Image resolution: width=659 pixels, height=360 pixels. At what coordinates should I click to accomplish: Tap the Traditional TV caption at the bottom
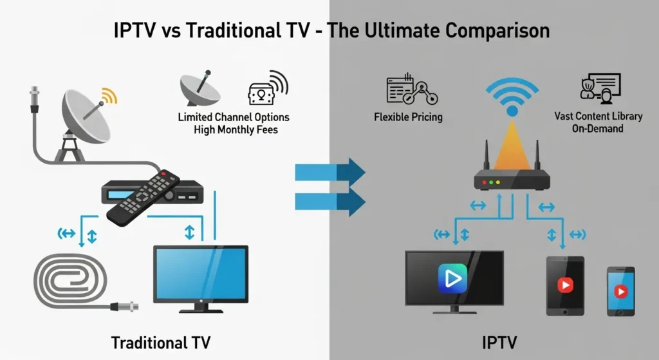tap(160, 343)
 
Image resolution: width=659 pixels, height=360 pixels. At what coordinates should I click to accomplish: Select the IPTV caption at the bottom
tap(499, 343)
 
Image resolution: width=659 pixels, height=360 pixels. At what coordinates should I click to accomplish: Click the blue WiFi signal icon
tap(512, 97)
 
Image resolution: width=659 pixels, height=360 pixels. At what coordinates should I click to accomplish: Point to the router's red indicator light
tap(484, 182)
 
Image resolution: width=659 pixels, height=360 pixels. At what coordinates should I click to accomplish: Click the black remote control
tap(143, 197)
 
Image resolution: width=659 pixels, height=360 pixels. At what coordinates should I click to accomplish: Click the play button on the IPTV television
tap(452, 278)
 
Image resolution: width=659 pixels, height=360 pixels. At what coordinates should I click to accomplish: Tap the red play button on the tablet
tap(565, 285)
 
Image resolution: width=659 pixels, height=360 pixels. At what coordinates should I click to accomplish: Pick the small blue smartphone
tap(621, 291)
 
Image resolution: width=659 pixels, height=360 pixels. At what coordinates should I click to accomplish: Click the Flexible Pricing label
tap(408, 117)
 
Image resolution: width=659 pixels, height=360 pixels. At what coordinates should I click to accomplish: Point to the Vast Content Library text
tap(598, 116)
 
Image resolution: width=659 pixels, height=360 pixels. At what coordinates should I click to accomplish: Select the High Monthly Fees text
tap(236, 129)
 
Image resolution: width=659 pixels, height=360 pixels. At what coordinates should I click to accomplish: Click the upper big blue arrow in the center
tap(330, 172)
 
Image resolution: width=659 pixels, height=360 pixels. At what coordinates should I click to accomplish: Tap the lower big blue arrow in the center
tap(330, 202)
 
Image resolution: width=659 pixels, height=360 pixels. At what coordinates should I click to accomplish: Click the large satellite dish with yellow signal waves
tap(86, 120)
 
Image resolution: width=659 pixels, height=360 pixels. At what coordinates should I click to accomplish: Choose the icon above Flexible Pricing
tap(412, 89)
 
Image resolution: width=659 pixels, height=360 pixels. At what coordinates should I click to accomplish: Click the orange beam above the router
tap(512, 147)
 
